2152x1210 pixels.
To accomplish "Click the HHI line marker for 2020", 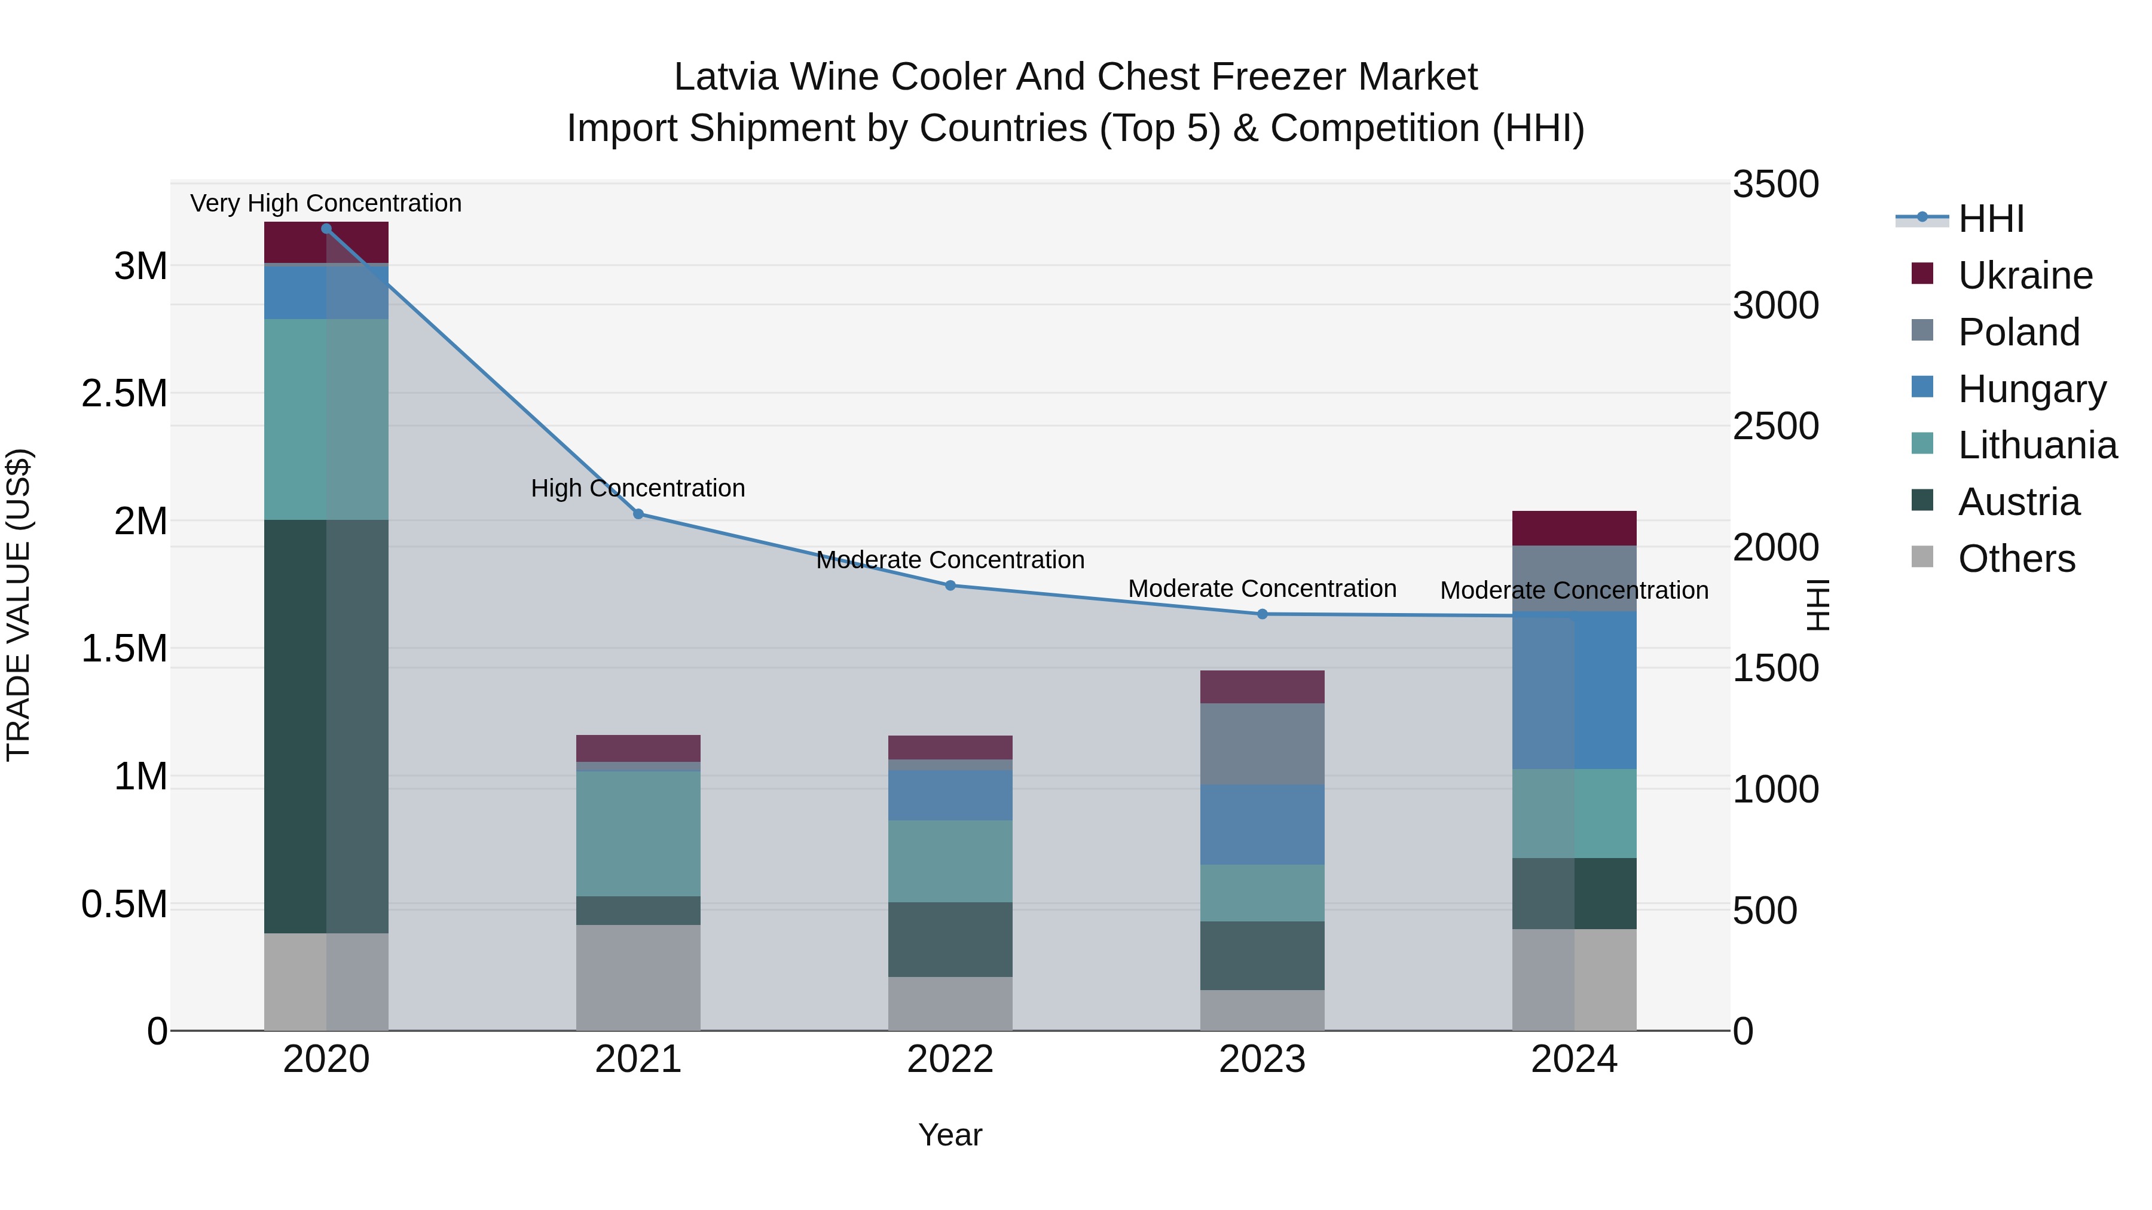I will tap(326, 228).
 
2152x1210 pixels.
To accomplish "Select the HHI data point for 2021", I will tap(638, 513).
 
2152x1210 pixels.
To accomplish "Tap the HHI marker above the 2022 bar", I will tap(950, 586).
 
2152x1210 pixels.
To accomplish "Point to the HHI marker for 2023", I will tap(1263, 614).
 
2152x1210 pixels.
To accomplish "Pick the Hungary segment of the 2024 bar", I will tap(1574, 690).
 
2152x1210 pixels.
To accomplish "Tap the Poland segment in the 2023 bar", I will tap(1263, 743).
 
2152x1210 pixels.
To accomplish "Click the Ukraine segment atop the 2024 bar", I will tap(1574, 528).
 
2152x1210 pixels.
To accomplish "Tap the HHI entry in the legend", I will tap(1991, 219).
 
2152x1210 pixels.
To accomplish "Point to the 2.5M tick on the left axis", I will tap(124, 393).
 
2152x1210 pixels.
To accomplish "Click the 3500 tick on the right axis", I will tap(1775, 185).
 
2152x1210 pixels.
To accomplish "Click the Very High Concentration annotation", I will tap(326, 203).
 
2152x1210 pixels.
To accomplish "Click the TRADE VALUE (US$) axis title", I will tap(19, 605).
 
